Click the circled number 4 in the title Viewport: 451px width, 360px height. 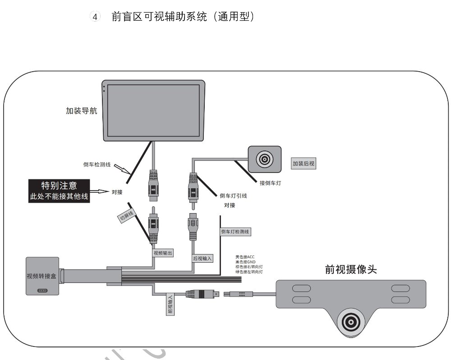[x=95, y=17]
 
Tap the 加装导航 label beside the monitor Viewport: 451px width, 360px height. [x=81, y=110]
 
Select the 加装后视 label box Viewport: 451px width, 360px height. [x=304, y=164]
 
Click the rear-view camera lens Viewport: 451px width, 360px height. [x=264, y=159]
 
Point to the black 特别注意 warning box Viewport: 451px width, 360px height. [x=59, y=191]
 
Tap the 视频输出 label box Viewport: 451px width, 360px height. [x=163, y=253]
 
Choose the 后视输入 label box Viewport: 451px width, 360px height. [x=202, y=259]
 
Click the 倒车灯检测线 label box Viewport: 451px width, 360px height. [x=235, y=232]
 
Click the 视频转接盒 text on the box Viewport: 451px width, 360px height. [x=42, y=276]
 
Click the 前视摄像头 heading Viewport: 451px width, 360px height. [x=350, y=269]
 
